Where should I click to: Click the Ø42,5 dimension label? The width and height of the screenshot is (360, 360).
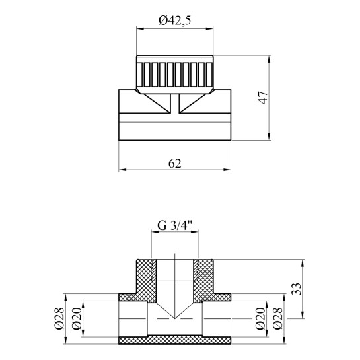coord(175,21)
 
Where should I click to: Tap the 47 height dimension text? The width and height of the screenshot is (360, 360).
coord(264,98)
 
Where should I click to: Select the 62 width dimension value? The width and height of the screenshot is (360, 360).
coord(175,163)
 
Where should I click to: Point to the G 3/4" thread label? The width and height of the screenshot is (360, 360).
coord(174,226)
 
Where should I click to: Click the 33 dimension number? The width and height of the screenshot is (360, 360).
coord(297,289)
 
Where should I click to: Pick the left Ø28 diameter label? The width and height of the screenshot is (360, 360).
coord(59,319)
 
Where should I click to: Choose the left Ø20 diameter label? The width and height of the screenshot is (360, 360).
coord(77,319)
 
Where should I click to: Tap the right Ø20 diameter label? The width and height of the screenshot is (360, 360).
coord(260,319)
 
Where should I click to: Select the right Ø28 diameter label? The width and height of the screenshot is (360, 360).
coord(277,319)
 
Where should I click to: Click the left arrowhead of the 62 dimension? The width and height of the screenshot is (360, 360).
coord(122,170)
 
